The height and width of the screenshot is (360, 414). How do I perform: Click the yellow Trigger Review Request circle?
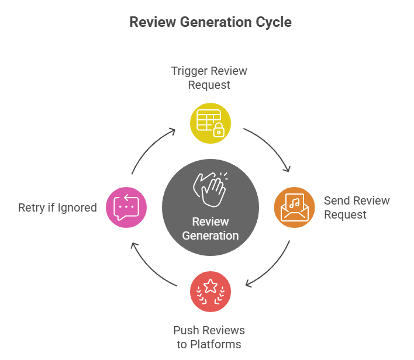tap(211, 123)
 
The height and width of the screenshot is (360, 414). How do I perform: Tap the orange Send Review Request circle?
tap(294, 207)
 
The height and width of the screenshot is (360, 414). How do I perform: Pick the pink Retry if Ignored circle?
tap(126, 207)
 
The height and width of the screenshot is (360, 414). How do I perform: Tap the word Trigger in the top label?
tap(189, 71)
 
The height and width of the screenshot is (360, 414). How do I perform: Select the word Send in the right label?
tap(336, 201)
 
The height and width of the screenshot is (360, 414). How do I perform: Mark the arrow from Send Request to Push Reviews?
tap(272, 266)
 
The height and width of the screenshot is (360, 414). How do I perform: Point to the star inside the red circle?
tap(211, 287)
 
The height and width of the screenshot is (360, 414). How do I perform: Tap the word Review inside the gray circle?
tap(211, 222)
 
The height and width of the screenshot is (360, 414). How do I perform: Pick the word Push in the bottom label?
tap(186, 331)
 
